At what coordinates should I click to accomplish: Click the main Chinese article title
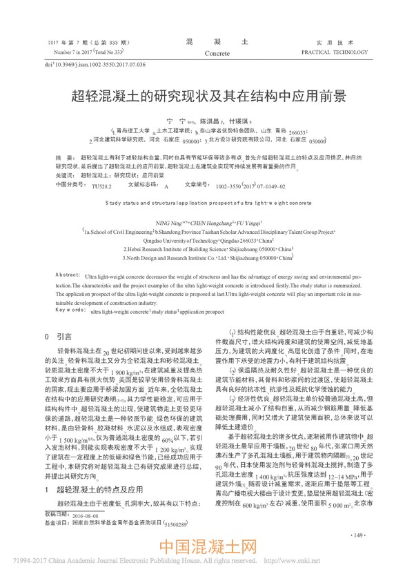click(207, 95)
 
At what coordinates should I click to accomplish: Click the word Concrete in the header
click(217, 52)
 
